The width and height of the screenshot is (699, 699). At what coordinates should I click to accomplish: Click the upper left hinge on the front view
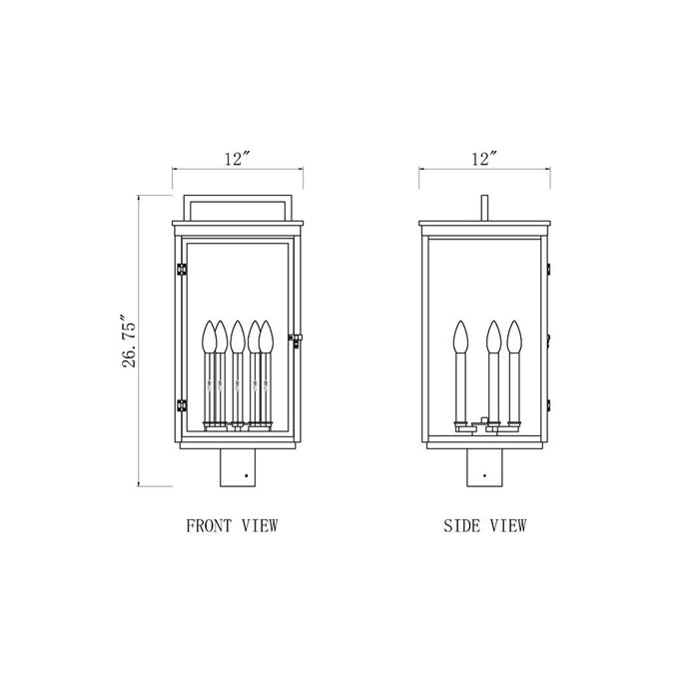[180, 268]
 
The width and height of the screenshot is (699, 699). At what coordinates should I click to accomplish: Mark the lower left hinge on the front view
[180, 404]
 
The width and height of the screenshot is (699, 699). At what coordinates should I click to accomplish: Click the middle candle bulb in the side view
[491, 338]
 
